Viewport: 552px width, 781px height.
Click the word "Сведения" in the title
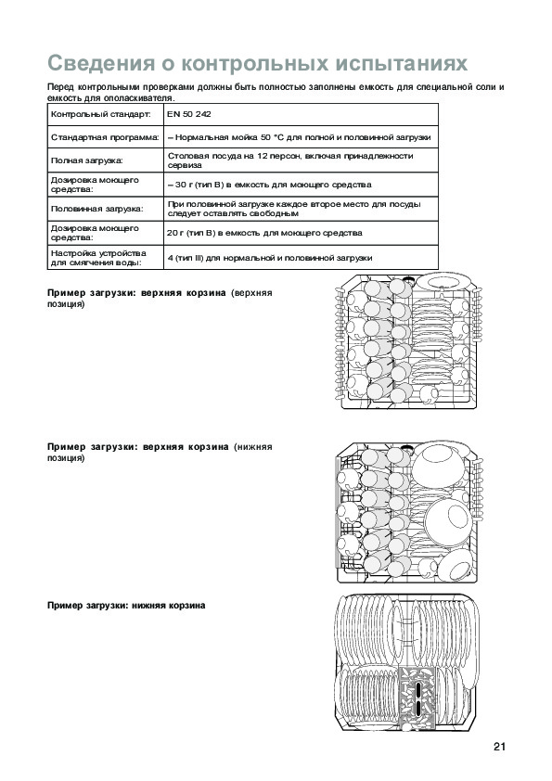point(101,63)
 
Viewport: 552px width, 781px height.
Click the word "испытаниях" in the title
point(401,64)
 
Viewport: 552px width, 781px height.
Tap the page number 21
point(499,746)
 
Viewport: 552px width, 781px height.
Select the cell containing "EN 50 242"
point(301,114)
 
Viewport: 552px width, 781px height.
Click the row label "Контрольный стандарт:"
point(100,114)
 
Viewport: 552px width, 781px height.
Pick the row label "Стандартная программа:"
point(105,137)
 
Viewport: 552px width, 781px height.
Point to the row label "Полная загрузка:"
point(86,160)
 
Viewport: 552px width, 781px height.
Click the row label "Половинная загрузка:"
point(96,209)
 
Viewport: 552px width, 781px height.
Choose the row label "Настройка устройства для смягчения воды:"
point(98,258)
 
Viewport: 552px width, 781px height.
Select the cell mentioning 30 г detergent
point(301,185)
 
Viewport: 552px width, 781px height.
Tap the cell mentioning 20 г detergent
point(301,233)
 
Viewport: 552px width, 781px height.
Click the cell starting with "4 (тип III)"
point(301,258)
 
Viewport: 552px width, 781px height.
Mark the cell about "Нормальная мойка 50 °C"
point(301,137)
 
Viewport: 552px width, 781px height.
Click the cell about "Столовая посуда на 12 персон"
point(301,160)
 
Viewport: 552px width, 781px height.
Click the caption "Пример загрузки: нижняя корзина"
point(126,606)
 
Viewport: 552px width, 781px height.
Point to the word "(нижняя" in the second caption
point(253,447)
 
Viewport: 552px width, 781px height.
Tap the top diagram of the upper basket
point(408,341)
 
